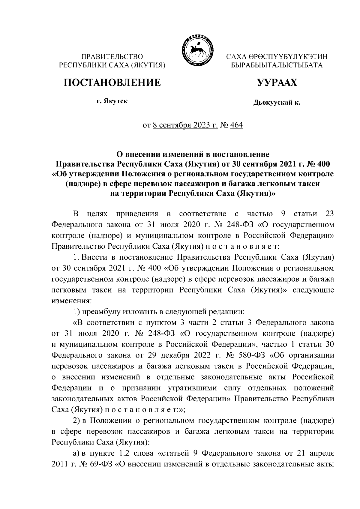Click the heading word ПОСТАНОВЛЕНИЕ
tap(112, 82)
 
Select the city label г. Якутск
tap(112, 101)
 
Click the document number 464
tap(236, 124)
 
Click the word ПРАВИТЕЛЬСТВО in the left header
tap(112, 56)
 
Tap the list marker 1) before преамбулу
tap(76, 312)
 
